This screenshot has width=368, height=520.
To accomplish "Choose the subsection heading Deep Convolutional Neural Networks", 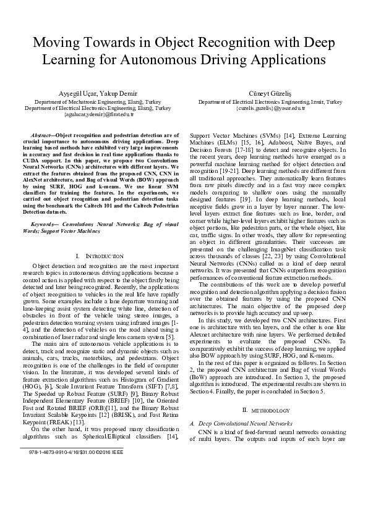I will (244, 424).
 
